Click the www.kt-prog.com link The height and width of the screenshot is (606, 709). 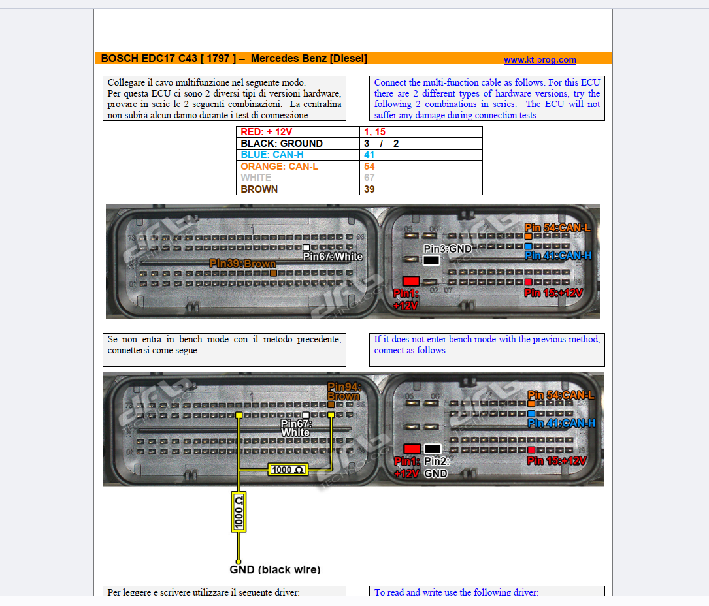point(540,60)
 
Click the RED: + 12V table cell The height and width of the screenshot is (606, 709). point(297,132)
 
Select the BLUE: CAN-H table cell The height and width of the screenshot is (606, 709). point(297,155)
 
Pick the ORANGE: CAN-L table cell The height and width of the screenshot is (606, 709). point(297,167)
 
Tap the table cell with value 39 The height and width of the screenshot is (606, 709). point(421,189)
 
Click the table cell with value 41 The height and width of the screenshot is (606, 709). point(421,155)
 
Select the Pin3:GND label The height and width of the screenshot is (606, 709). point(448,249)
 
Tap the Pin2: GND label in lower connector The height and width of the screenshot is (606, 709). point(435,467)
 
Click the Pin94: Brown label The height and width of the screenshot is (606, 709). point(344,391)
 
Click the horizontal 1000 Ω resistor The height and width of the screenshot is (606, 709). point(288,470)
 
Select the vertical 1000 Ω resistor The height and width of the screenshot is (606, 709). point(239,512)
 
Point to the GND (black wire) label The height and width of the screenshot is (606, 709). point(275,569)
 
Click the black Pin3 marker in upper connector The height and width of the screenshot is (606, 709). point(431,260)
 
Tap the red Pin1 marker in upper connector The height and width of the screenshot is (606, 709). point(411,281)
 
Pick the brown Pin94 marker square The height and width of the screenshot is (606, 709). point(331,405)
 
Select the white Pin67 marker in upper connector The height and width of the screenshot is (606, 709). point(306,247)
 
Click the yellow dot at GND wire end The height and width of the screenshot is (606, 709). point(239,560)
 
